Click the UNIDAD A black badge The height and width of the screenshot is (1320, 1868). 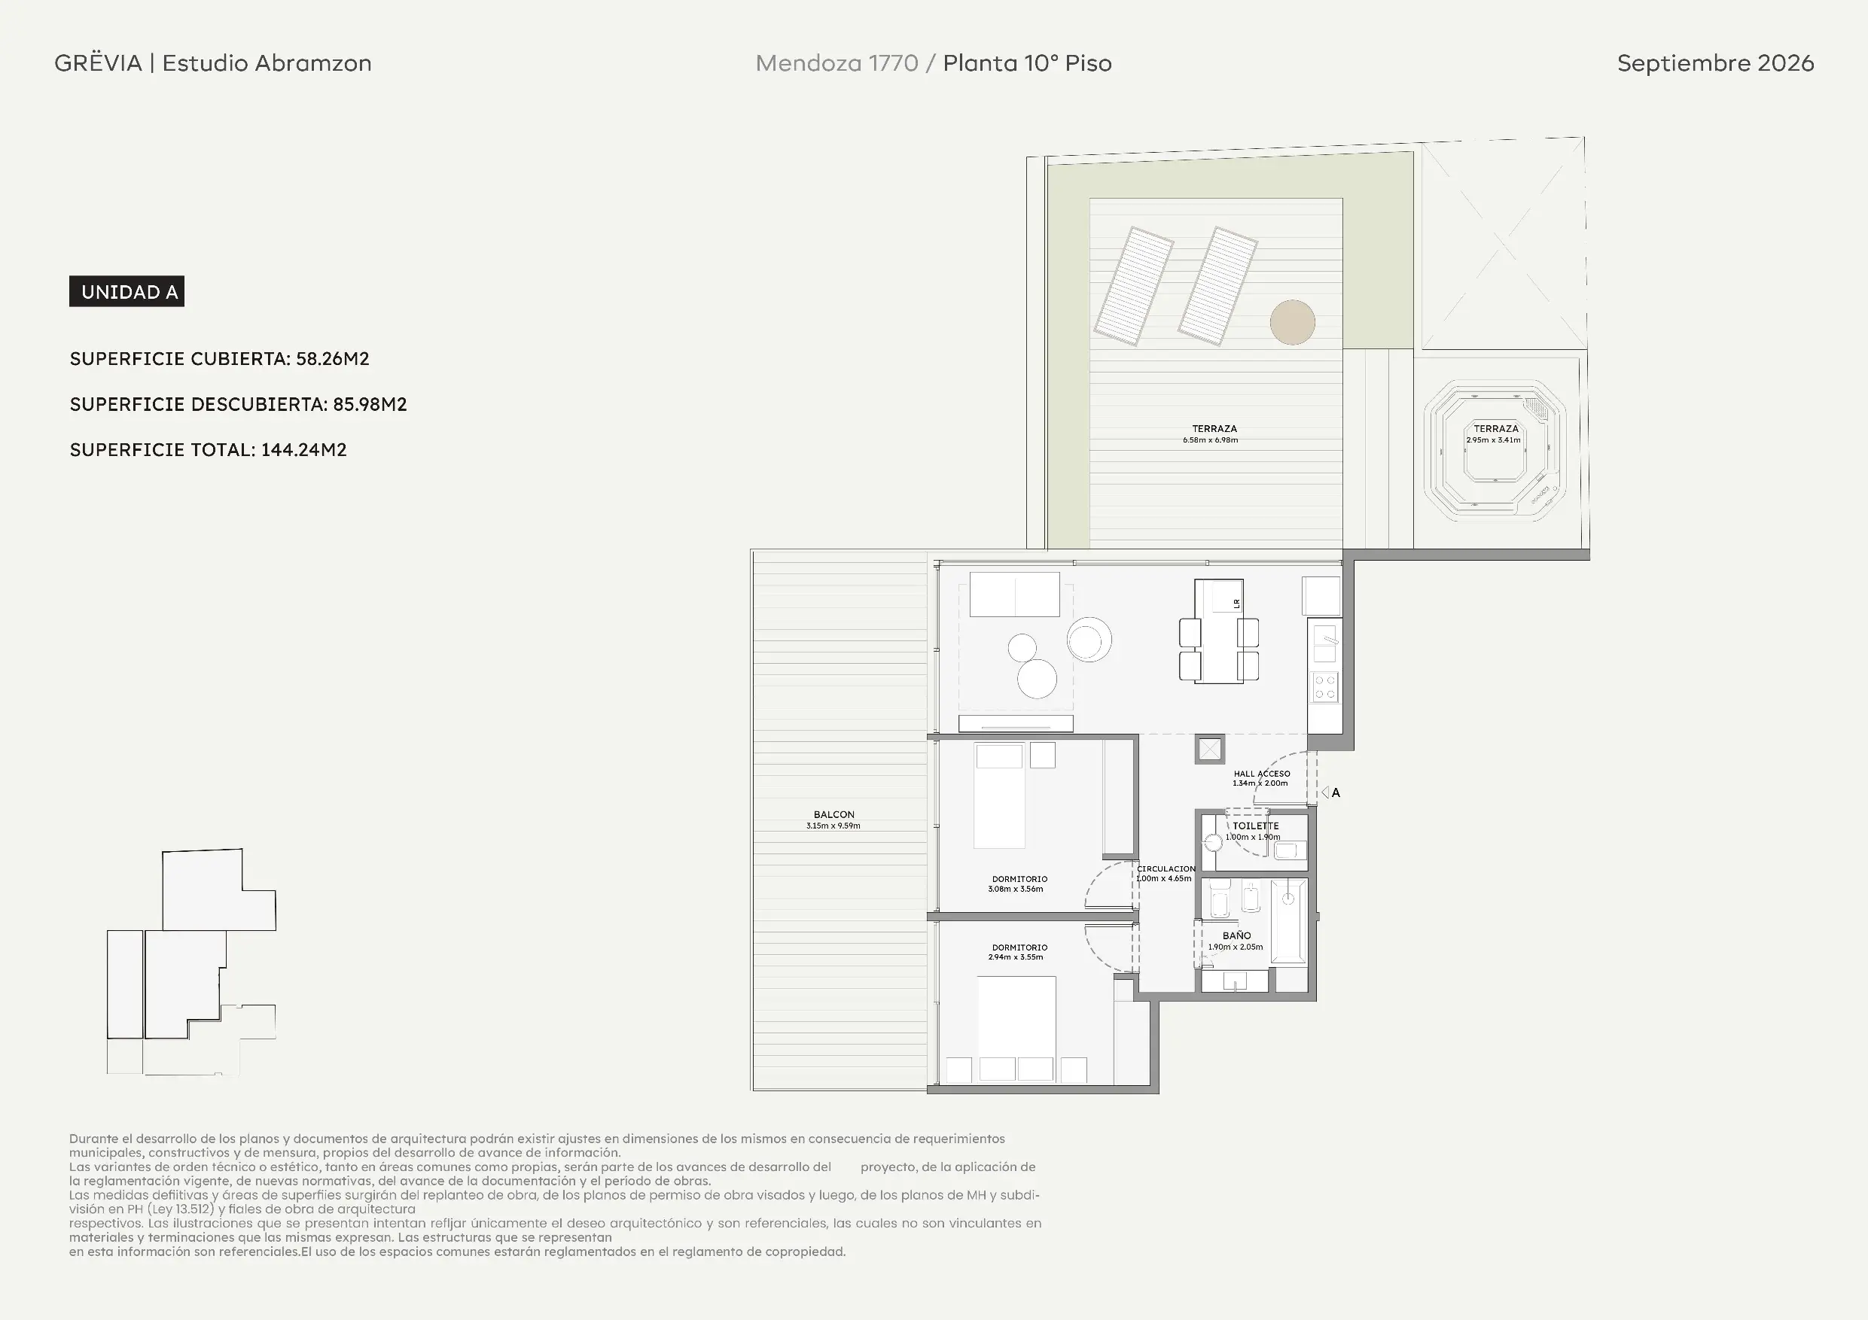point(127,291)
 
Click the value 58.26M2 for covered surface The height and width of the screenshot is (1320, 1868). point(333,359)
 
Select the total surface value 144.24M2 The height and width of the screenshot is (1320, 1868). point(304,450)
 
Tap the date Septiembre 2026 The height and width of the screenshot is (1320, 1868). point(1715,62)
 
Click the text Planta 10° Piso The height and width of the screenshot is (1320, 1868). point(1027,62)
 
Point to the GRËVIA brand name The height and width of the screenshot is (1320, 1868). point(99,62)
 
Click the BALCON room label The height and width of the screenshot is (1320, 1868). point(834,814)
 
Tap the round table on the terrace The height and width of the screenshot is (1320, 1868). point(1292,322)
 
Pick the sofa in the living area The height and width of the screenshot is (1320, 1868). point(1014,595)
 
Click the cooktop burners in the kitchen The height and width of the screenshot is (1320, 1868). point(1324,687)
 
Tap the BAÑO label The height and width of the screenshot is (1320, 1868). point(1236,935)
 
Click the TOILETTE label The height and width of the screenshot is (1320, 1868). point(1255,826)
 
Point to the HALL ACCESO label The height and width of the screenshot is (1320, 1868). point(1262,774)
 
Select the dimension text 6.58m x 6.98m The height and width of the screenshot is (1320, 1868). point(1211,440)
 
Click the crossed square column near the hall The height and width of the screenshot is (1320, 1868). point(1210,749)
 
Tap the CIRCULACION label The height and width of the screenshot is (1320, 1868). point(1166,868)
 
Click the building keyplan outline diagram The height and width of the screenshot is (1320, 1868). point(191,962)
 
